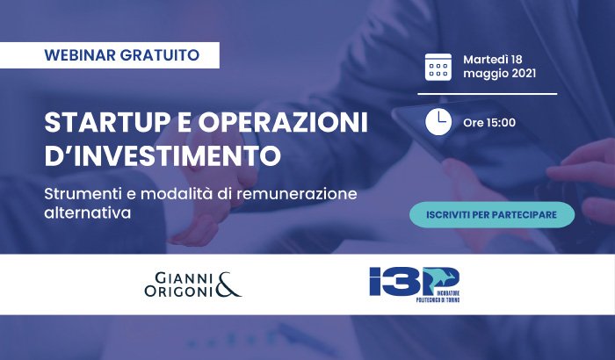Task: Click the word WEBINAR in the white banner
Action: pyautogui.click(x=80, y=55)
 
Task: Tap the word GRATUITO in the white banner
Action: pyautogui.click(x=160, y=55)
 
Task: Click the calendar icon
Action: pyautogui.click(x=438, y=67)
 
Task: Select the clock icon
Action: pyautogui.click(x=438, y=122)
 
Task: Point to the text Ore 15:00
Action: pyautogui.click(x=489, y=123)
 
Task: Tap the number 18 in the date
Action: pyautogui.click(x=517, y=59)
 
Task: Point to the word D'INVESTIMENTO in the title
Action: pyautogui.click(x=163, y=155)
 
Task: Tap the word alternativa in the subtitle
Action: pyautogui.click(x=88, y=213)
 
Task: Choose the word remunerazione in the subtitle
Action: pyautogui.click(x=297, y=194)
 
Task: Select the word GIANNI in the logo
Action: pyautogui.click(x=184, y=278)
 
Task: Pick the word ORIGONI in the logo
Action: pyautogui.click(x=178, y=291)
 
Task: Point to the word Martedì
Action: pyautogui.click(x=486, y=59)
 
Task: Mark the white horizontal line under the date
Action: pyautogui.click(x=487, y=94)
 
